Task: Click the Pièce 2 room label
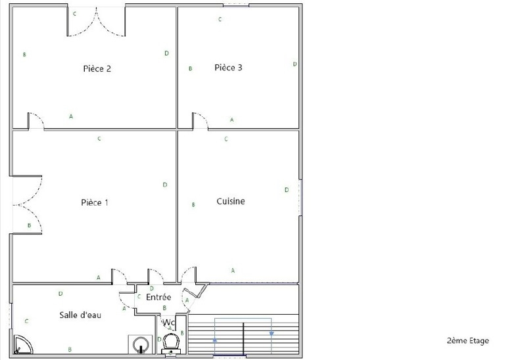tap(97, 69)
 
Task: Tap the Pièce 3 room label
tap(228, 68)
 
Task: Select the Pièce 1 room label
tap(95, 202)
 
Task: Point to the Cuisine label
tap(231, 201)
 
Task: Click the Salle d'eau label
tap(80, 315)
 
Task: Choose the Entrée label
tap(158, 297)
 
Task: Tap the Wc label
tap(168, 323)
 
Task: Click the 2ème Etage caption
tap(467, 340)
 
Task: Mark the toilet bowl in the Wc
tap(171, 341)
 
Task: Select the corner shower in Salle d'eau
tap(23, 344)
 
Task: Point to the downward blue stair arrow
tap(272, 334)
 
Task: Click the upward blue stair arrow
tap(215, 340)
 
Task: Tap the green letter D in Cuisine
tap(287, 190)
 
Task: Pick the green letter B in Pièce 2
tap(24, 55)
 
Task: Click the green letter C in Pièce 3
tap(220, 20)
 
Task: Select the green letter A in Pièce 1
tap(98, 277)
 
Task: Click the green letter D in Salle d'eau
tap(60, 294)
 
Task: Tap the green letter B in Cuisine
tap(193, 205)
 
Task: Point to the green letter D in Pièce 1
tap(165, 185)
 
